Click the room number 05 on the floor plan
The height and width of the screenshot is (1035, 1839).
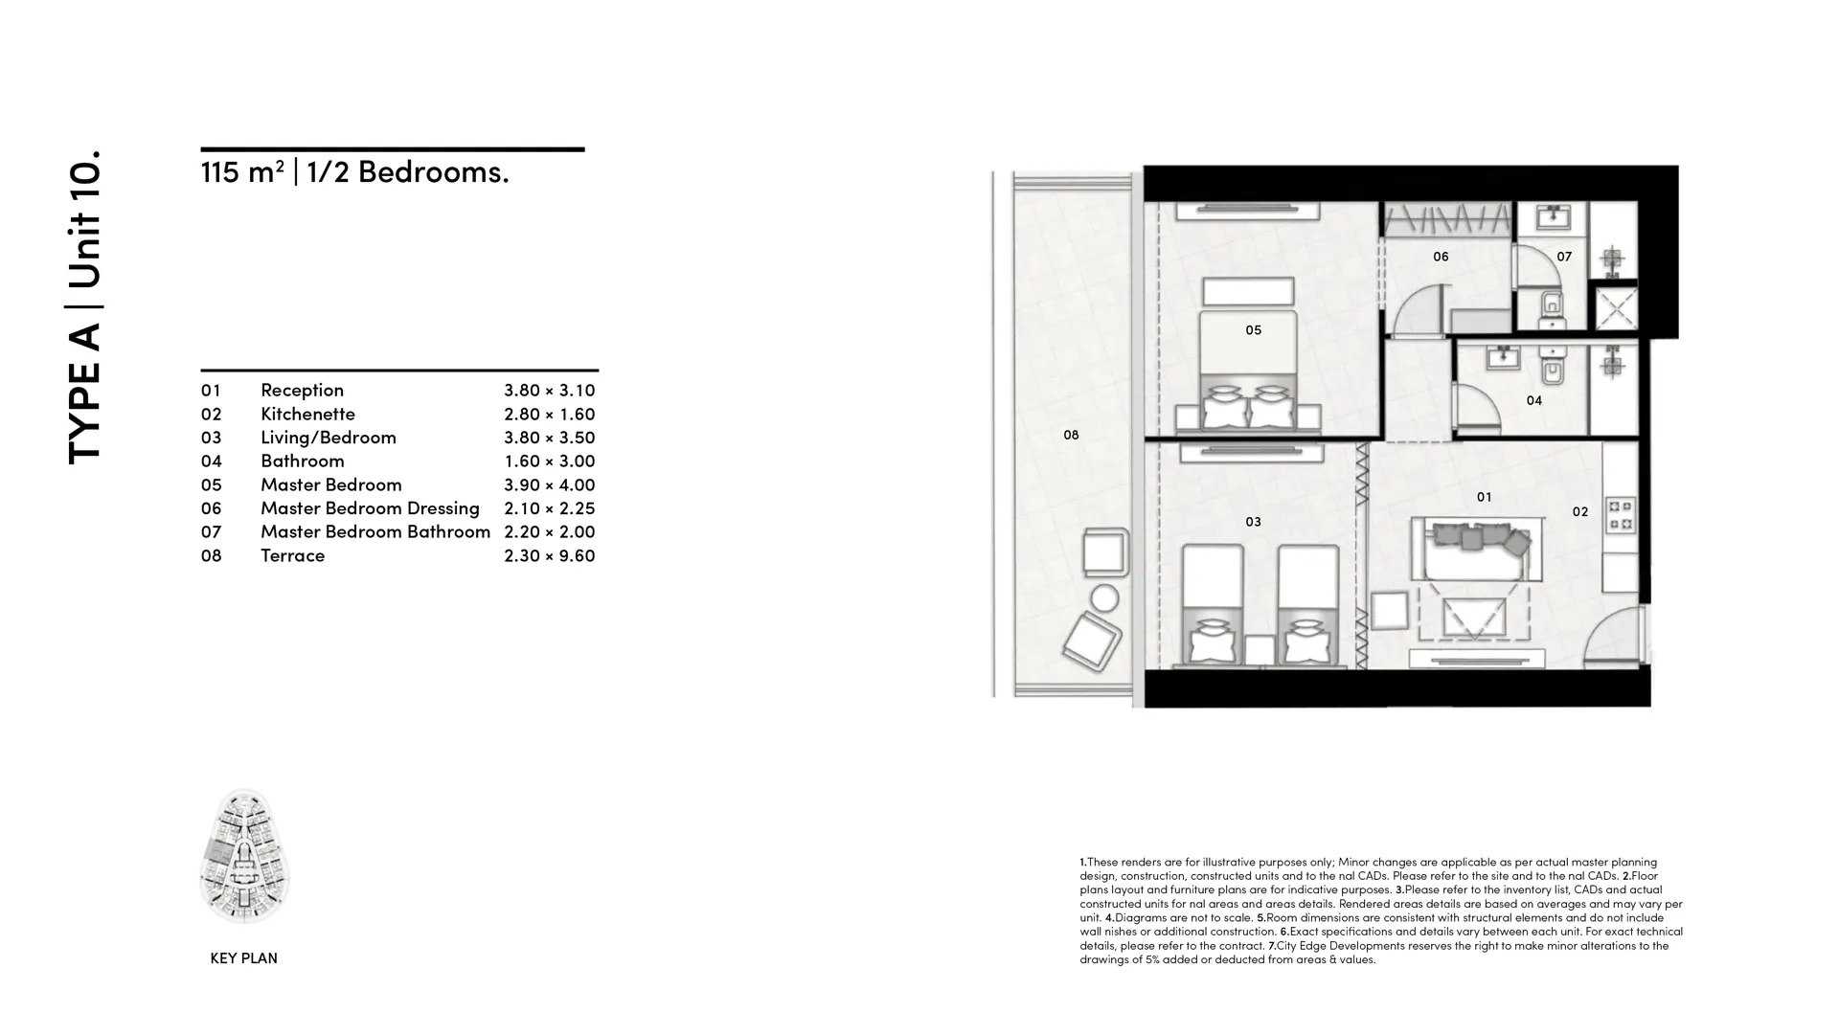[1253, 330]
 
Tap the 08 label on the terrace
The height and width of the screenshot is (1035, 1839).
[1071, 435]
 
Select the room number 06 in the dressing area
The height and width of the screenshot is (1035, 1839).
[1441, 257]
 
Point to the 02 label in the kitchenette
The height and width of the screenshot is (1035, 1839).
[1580, 512]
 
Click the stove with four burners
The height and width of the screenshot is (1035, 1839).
[1621, 514]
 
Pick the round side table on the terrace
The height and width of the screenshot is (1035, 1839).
[1104, 598]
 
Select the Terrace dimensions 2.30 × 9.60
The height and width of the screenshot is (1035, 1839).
[550, 555]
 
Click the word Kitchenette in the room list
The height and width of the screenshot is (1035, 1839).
[307, 414]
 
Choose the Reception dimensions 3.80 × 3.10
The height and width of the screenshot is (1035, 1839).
[550, 390]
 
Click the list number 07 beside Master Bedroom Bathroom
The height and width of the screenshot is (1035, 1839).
[211, 531]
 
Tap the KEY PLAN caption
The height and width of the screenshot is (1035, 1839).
[243, 958]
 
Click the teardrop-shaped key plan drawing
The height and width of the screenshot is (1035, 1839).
[244, 856]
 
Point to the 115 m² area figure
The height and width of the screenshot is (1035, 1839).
[242, 171]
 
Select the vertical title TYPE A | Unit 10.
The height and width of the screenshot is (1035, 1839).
[84, 307]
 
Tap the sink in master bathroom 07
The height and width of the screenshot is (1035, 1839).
[1553, 218]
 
